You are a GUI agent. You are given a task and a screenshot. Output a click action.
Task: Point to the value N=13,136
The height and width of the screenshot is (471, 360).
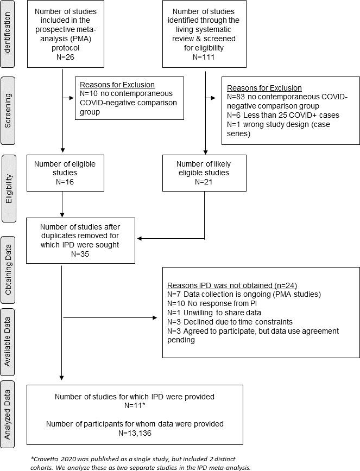(135, 432)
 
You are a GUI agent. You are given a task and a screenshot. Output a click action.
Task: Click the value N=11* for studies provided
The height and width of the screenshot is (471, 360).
(135, 406)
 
